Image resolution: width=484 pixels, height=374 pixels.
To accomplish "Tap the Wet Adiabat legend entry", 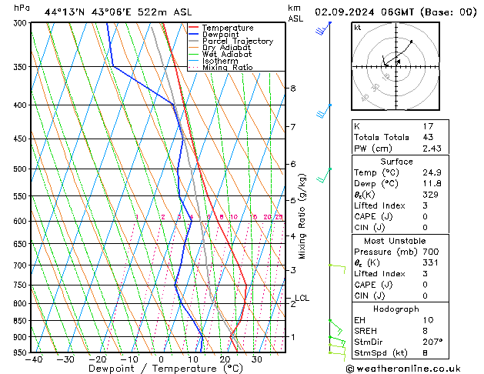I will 227,55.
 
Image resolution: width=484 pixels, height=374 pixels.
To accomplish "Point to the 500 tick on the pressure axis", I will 21,169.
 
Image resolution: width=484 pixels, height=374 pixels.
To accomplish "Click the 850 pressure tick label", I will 21,321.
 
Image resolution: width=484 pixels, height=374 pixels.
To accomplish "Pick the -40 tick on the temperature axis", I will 33,359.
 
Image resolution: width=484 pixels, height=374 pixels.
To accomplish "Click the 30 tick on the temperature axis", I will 256,359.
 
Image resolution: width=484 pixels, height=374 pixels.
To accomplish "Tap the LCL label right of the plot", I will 302,298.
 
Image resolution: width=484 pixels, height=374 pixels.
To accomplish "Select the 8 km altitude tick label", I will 293,88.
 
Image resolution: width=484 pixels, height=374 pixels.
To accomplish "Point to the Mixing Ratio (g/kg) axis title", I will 303,215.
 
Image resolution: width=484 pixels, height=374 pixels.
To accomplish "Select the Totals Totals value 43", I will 428,137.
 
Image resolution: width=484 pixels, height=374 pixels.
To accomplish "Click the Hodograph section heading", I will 397,309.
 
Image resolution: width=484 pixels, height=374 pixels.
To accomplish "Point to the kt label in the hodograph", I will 357,27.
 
